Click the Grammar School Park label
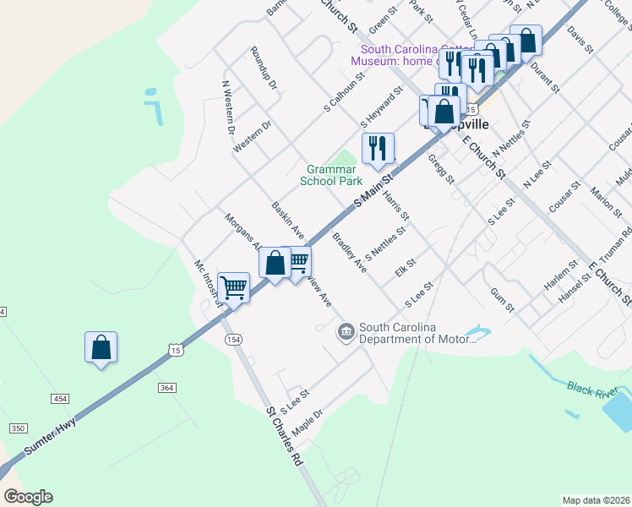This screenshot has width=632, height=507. pyautogui.click(x=331, y=175)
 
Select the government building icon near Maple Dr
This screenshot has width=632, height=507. pyautogui.click(x=346, y=332)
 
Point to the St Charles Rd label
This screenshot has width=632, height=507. pyautogui.click(x=284, y=439)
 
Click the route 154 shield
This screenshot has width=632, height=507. pyautogui.click(x=233, y=339)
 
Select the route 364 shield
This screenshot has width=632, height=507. pyautogui.click(x=166, y=387)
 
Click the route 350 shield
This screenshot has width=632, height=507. pyautogui.click(x=18, y=428)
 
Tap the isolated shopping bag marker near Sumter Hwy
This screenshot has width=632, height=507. pyautogui.click(x=101, y=347)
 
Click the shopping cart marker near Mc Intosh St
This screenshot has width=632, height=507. pyautogui.click(x=233, y=288)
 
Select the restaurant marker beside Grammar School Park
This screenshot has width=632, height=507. pyautogui.click(x=378, y=149)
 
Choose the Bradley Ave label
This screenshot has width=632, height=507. pyautogui.click(x=349, y=253)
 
